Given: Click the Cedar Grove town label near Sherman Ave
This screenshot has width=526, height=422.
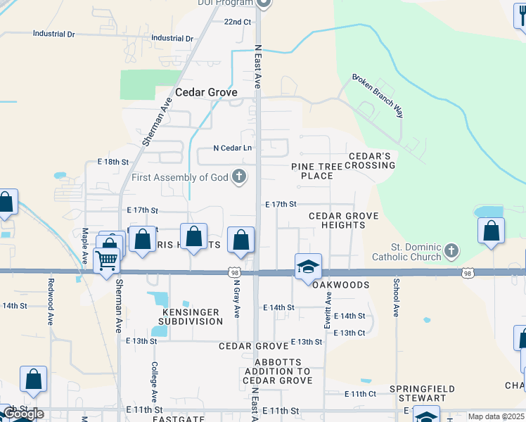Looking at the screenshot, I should pyautogui.click(x=206, y=92).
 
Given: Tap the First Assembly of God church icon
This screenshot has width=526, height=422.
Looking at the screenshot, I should pyautogui.click(x=239, y=177).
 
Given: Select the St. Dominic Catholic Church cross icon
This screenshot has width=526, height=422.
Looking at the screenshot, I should pyautogui.click(x=451, y=251).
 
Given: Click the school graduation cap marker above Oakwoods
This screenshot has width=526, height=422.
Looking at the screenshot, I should pyautogui.click(x=308, y=267).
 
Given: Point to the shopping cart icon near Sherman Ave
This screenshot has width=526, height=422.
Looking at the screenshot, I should pyautogui.click(x=106, y=260).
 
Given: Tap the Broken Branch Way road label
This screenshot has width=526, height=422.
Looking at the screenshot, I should pyautogui.click(x=379, y=96).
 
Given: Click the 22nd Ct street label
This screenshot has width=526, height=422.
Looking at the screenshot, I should pyautogui.click(x=238, y=22).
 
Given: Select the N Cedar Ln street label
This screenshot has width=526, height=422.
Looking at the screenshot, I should pyautogui.click(x=233, y=148).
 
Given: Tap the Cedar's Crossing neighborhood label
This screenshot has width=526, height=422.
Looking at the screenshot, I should pyautogui.click(x=372, y=160).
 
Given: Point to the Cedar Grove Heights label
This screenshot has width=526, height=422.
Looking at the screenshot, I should pyautogui.click(x=343, y=220).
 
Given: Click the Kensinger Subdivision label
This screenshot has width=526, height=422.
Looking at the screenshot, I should pyautogui.click(x=192, y=316).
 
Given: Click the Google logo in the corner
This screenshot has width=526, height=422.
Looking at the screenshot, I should pyautogui.click(x=23, y=414).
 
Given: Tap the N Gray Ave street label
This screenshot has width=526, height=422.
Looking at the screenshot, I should pyautogui.click(x=237, y=301).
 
